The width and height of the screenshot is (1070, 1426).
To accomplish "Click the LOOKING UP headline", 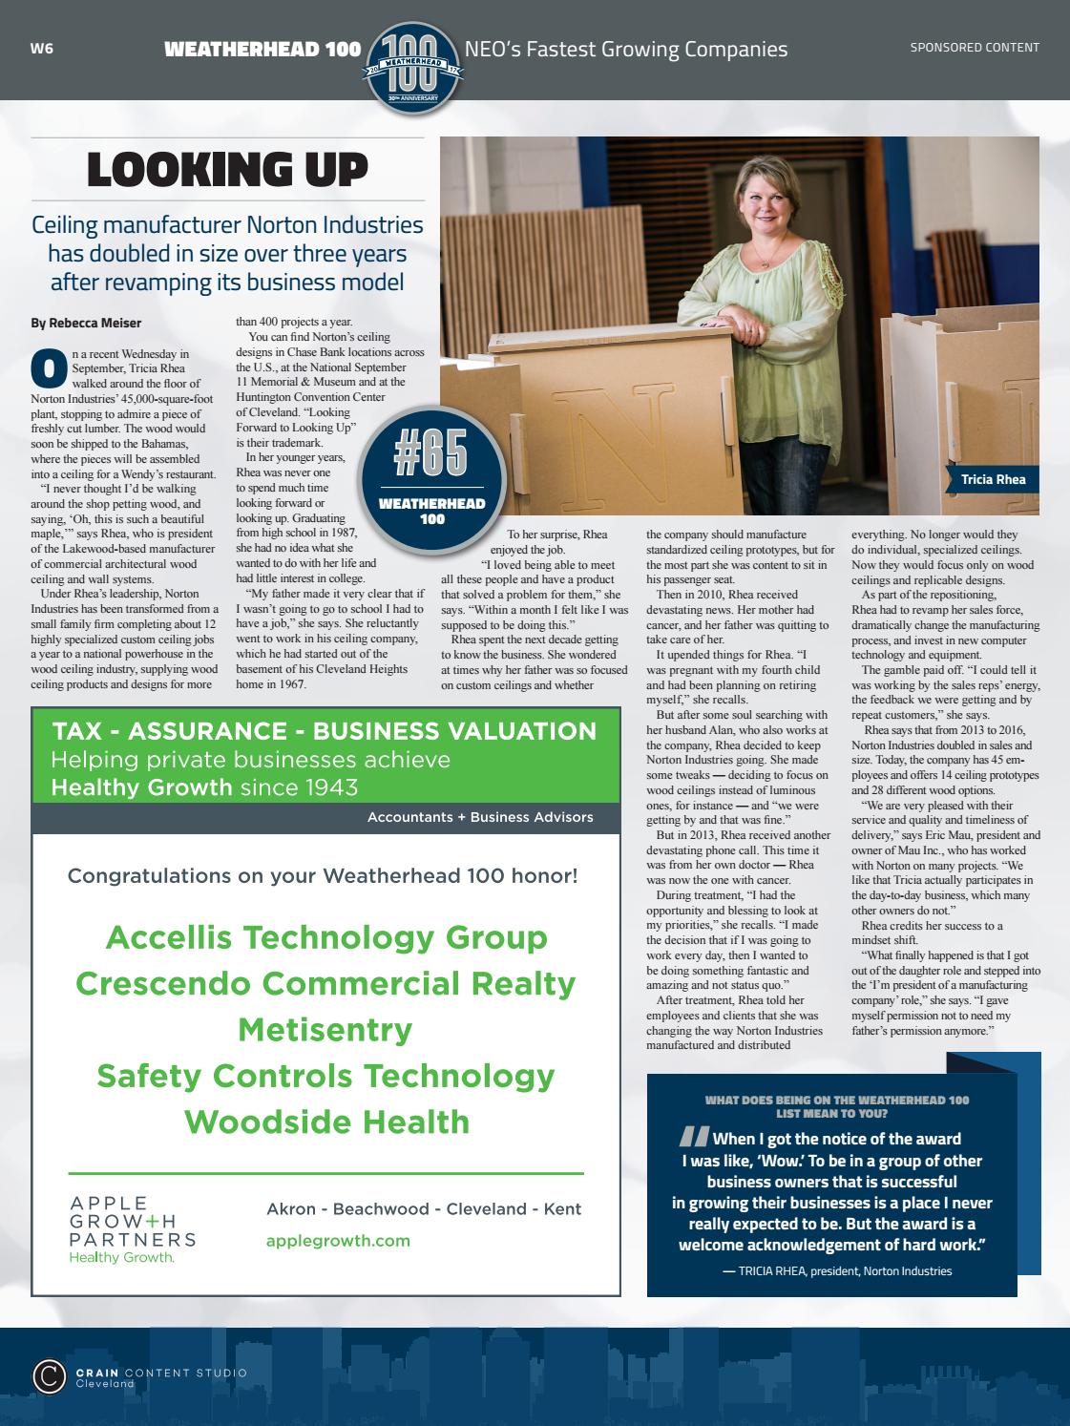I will pyautogui.click(x=227, y=170).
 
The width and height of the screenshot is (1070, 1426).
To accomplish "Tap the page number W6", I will pyautogui.click(x=41, y=49).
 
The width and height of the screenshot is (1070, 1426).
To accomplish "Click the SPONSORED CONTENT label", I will pyautogui.click(x=974, y=47).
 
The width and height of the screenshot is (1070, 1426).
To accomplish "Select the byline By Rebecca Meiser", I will pyautogui.click(x=86, y=324).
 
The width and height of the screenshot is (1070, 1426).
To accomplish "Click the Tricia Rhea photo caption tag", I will pyautogui.click(x=993, y=479).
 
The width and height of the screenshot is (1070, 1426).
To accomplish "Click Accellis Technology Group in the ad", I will pyautogui.click(x=326, y=937).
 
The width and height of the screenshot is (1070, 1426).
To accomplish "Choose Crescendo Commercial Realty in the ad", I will pyautogui.click(x=326, y=983).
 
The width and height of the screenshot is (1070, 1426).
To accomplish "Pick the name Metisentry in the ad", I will pyautogui.click(x=326, y=1029).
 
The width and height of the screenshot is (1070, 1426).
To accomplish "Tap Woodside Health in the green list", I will pyautogui.click(x=326, y=1121).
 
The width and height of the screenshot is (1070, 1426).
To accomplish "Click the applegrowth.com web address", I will pyautogui.click(x=338, y=1240).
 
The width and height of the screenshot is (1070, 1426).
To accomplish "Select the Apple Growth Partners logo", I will pyautogui.click(x=132, y=1229).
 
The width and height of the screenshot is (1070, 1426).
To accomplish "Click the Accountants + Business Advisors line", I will pyautogui.click(x=480, y=817).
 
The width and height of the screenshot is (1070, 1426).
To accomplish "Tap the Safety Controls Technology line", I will pyautogui.click(x=326, y=1075).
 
